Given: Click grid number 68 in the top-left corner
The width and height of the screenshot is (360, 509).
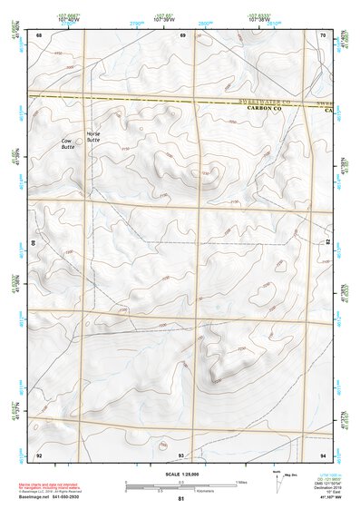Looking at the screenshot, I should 39,35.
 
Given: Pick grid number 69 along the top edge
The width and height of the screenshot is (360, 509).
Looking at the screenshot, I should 182,35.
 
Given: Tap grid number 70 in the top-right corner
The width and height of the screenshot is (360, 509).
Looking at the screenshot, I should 324,35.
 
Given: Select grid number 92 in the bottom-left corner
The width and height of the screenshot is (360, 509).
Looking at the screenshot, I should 39,454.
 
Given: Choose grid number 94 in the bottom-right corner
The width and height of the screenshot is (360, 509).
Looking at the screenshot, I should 324,454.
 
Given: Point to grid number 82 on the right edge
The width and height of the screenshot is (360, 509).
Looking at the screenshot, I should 327,243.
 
